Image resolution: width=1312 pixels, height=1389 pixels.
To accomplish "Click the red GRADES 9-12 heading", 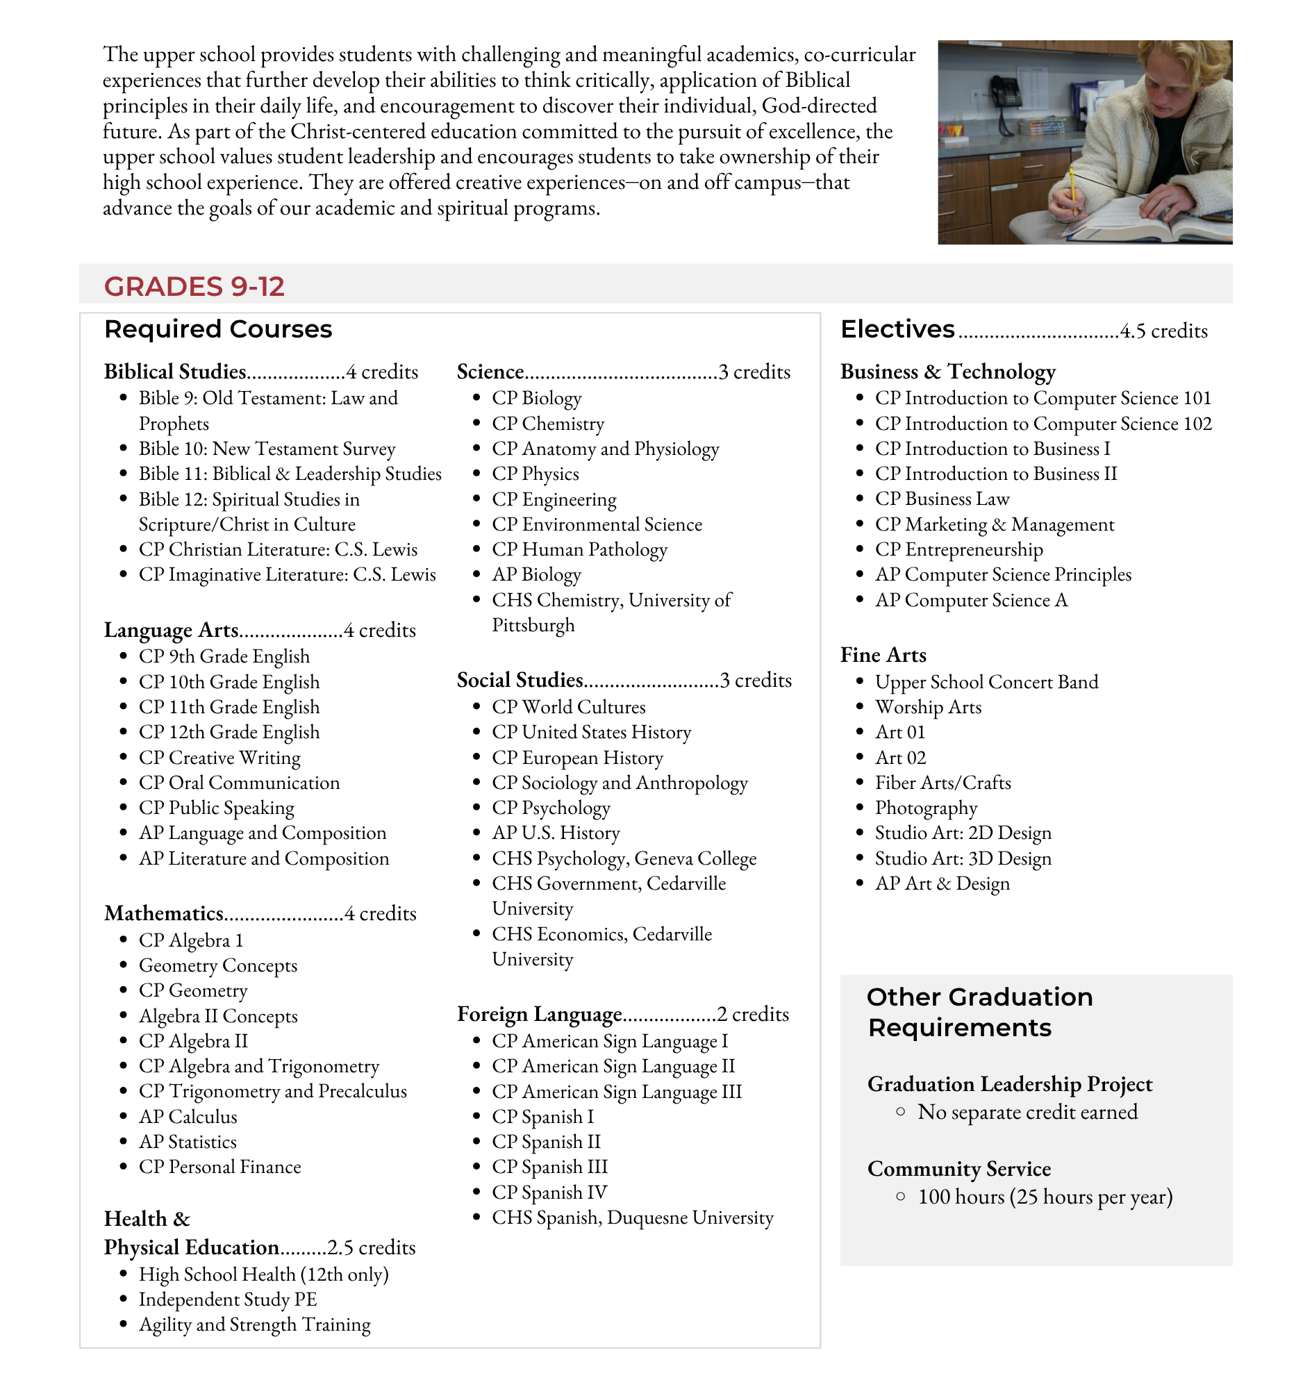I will click(194, 287).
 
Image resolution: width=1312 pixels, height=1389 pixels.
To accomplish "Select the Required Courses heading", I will click(217, 329).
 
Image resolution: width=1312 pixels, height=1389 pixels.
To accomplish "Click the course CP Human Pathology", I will click(579, 550).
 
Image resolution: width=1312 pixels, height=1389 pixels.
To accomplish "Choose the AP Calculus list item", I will click(188, 1117).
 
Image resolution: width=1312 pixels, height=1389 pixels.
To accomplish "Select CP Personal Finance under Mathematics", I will click(219, 1167).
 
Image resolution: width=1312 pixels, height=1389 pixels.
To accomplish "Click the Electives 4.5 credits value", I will click(1163, 331).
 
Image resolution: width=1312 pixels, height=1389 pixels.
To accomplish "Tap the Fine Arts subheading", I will click(883, 655).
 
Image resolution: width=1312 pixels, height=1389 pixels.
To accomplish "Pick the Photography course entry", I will click(925, 808).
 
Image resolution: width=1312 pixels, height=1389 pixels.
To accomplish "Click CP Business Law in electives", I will click(941, 499).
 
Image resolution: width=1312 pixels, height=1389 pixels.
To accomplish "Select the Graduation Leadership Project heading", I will click(1009, 1084).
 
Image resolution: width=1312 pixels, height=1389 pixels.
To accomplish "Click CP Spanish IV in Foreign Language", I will click(549, 1192).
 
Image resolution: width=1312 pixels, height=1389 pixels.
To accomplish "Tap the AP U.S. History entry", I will click(556, 833).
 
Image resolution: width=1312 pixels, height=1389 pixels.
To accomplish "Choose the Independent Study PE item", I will click(227, 1299).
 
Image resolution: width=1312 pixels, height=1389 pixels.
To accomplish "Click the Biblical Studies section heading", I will click(175, 372).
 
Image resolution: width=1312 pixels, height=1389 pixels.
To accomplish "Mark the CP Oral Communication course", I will click(239, 783).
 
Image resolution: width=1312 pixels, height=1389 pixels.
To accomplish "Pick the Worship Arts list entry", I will click(927, 707).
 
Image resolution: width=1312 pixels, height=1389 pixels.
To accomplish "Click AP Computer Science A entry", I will click(971, 600).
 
